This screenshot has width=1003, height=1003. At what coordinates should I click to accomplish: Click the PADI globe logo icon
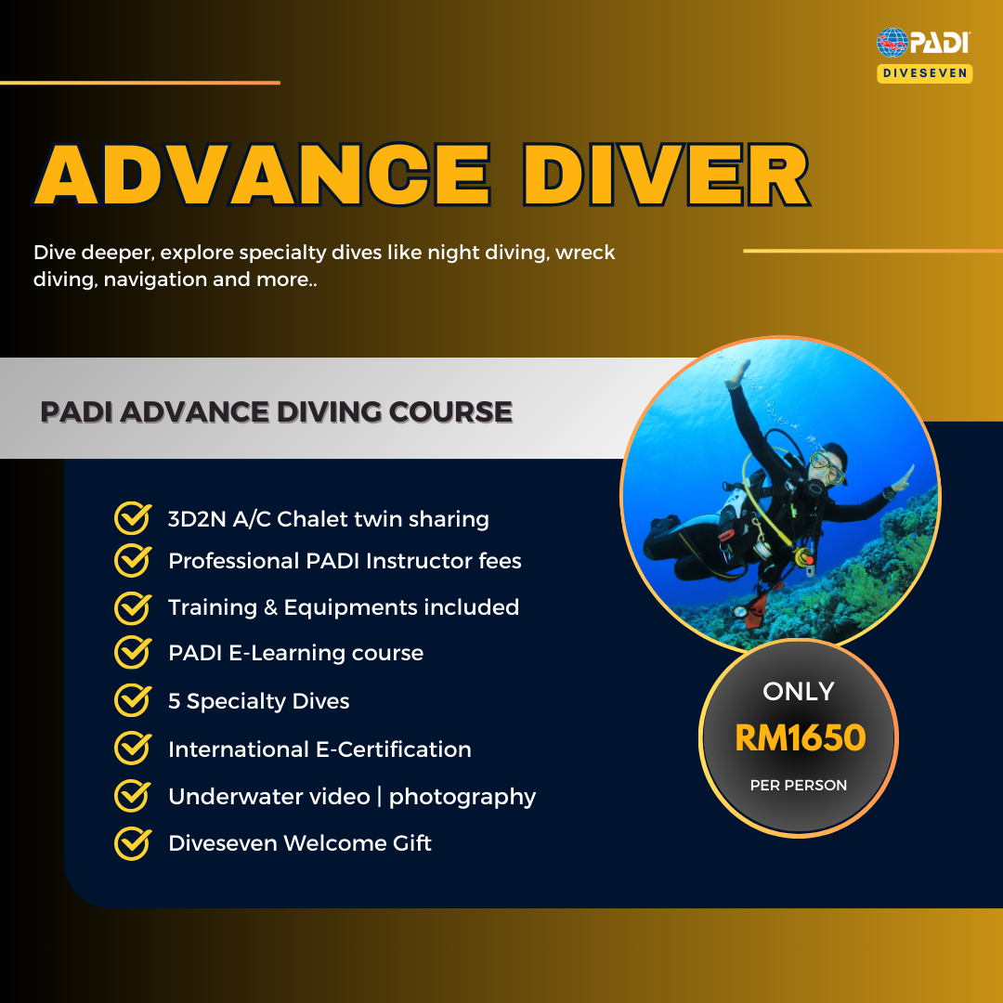892,43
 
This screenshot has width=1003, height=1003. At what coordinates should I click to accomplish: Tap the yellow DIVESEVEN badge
924,73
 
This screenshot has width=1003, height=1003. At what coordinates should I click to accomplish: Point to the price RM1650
800,738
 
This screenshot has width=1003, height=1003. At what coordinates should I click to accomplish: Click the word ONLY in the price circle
799,691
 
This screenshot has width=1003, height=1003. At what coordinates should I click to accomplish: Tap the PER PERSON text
799,786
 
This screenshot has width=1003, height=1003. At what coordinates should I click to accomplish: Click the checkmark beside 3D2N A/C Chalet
132,518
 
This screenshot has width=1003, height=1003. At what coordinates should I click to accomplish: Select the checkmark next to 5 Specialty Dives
132,700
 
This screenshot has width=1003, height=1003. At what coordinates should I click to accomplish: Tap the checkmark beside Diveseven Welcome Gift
132,843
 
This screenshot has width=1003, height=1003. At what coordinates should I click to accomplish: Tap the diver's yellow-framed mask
827,466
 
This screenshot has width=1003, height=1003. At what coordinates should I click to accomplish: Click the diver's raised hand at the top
740,371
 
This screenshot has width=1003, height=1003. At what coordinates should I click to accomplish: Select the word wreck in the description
585,253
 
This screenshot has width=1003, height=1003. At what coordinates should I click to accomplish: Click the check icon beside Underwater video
132,796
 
